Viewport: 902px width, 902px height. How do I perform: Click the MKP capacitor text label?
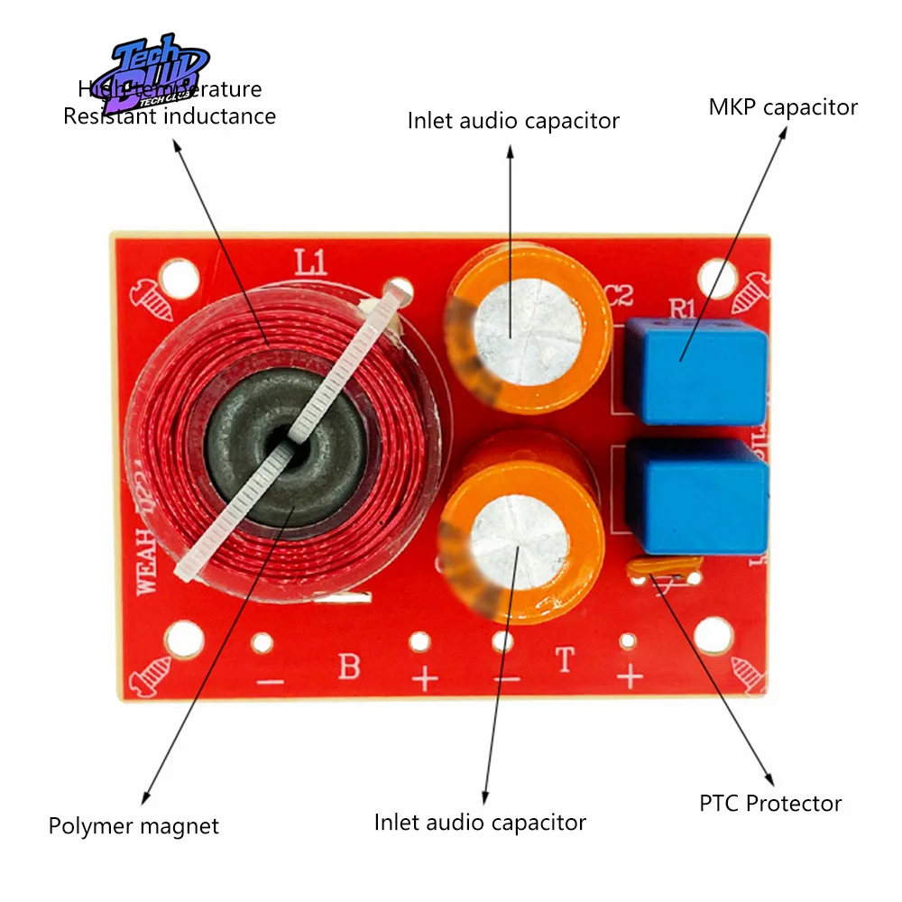click(782, 108)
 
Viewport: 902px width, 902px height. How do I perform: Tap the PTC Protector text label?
click(770, 804)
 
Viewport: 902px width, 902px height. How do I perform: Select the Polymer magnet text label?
click(133, 826)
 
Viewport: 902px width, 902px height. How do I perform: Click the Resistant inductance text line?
click(170, 116)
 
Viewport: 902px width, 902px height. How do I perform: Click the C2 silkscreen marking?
click(620, 295)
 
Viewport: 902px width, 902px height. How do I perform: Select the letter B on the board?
click(349, 667)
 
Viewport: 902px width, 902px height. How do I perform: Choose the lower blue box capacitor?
click(697, 498)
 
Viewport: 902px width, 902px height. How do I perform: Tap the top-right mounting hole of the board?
click(717, 278)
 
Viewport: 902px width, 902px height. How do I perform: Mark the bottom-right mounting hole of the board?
click(718, 637)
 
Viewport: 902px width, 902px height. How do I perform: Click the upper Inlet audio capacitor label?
click(513, 121)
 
